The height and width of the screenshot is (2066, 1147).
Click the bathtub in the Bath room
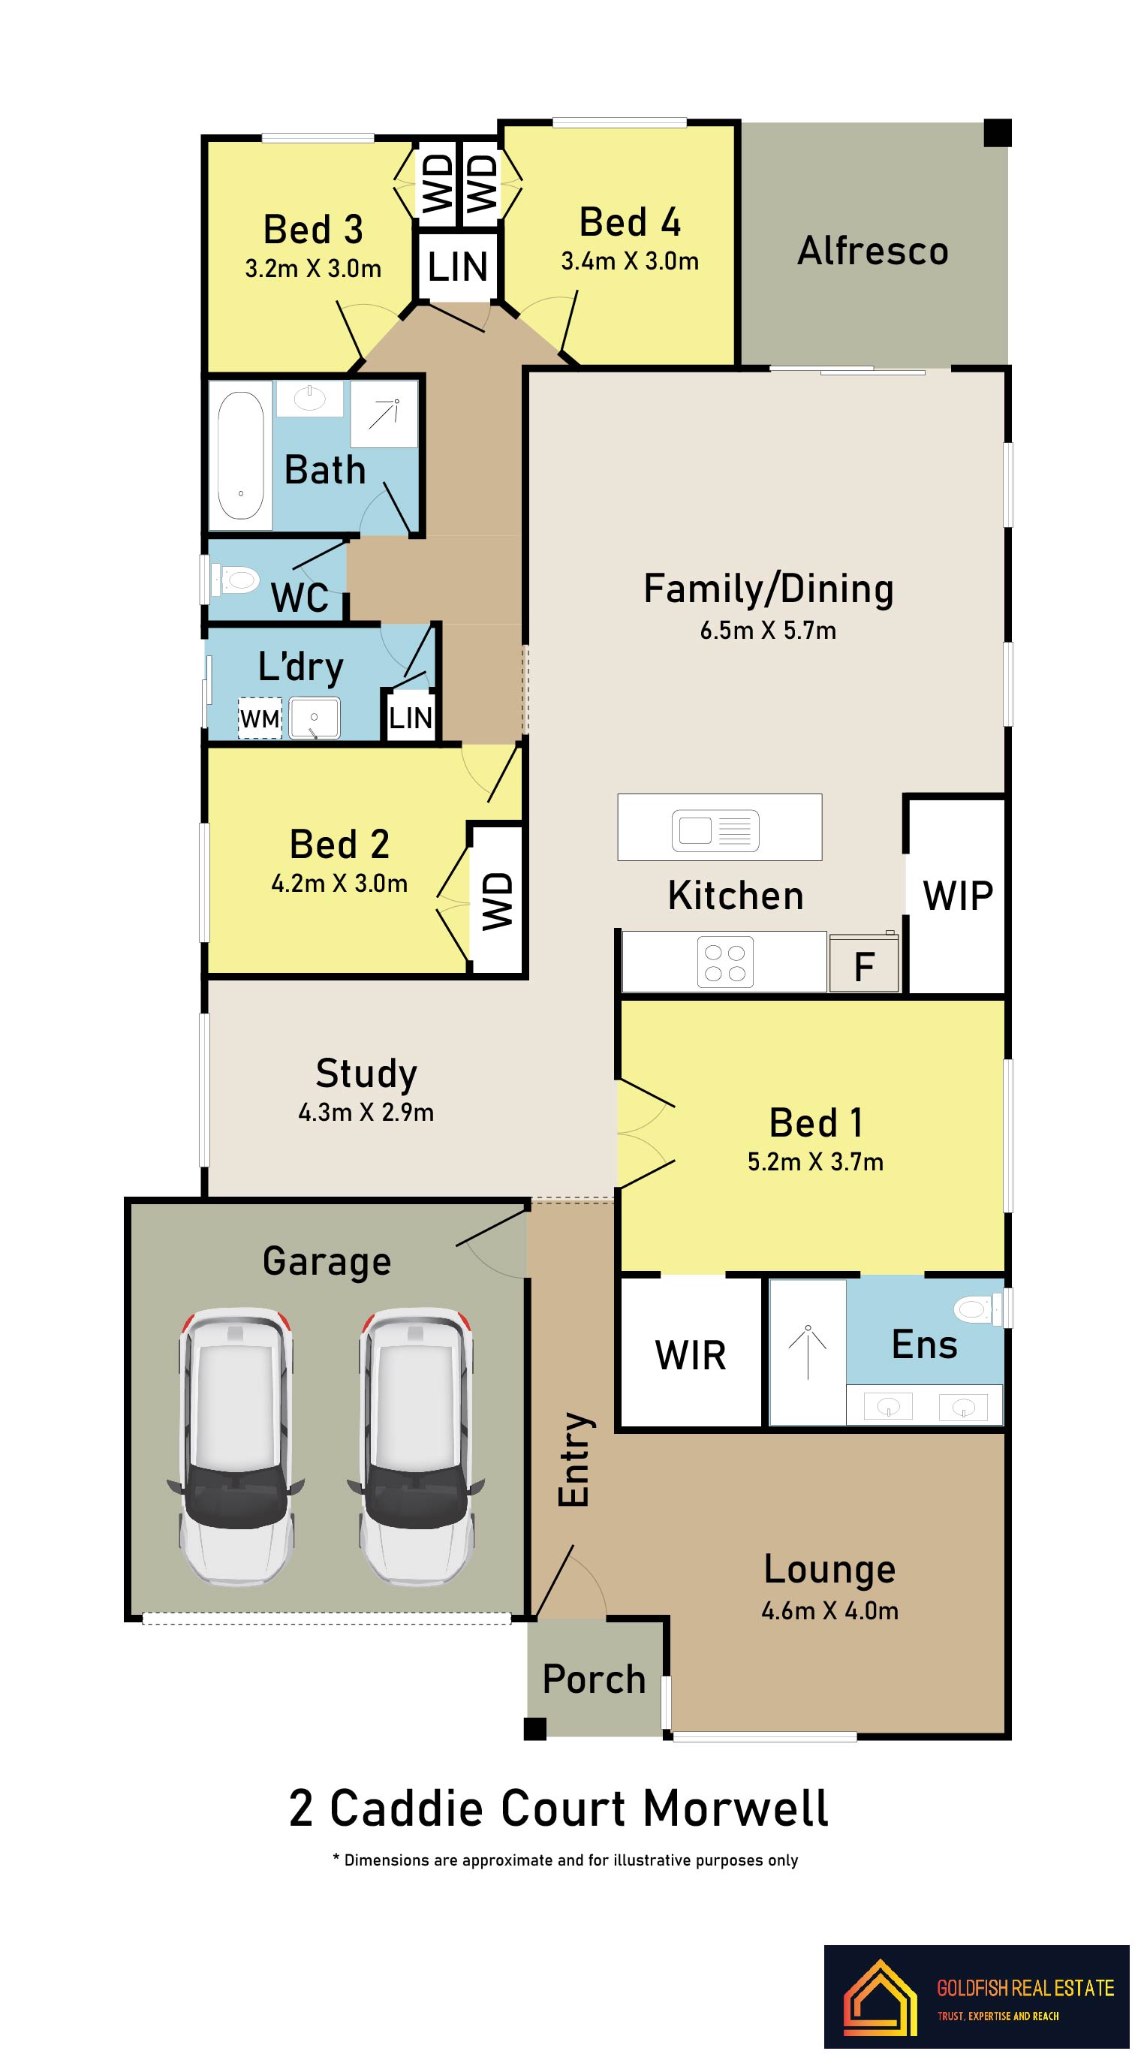241,455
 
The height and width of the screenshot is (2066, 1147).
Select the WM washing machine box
260,718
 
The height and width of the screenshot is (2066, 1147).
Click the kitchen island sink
715,830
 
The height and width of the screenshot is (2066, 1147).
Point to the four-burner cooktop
724,962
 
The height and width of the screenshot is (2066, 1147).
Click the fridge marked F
863,963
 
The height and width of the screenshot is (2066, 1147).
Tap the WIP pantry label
958,896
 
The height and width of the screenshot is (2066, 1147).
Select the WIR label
690,1355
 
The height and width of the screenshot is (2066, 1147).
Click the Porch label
594,1679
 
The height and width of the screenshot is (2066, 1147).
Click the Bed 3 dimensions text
313,269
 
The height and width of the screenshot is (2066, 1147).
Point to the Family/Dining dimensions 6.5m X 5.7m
768,631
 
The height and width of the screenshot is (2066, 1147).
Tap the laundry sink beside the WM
314,717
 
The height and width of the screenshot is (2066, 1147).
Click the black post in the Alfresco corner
997,133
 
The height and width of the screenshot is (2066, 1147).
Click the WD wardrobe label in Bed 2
496,901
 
